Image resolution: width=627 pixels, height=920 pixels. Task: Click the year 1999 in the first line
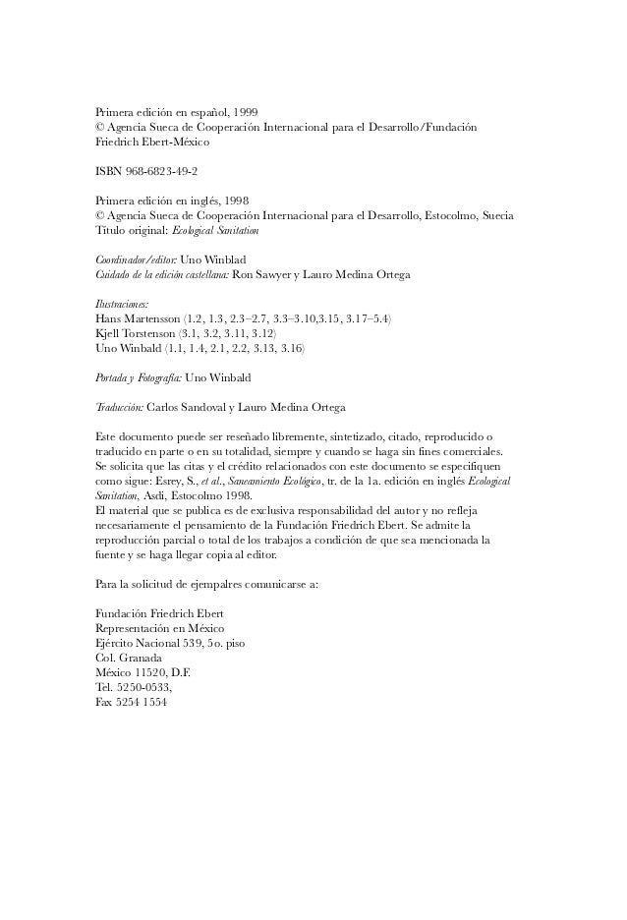coord(242,113)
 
